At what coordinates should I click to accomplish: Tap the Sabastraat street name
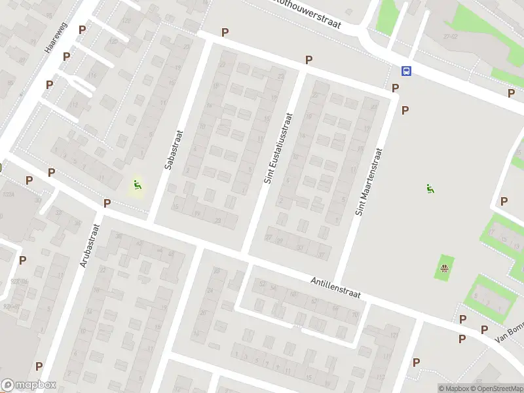[x=174, y=149]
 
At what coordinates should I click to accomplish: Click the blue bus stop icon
[x=406, y=71]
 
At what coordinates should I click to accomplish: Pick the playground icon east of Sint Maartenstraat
[x=430, y=189]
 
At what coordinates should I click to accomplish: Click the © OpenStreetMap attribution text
[x=500, y=388]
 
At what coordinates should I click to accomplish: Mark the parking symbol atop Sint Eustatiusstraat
[x=309, y=60]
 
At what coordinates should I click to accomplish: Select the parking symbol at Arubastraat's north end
[x=106, y=204]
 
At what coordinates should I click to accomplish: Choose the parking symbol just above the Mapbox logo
[x=39, y=366]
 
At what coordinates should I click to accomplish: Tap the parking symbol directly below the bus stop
[x=396, y=88]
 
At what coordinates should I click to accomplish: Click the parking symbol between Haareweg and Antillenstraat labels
[x=51, y=172]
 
